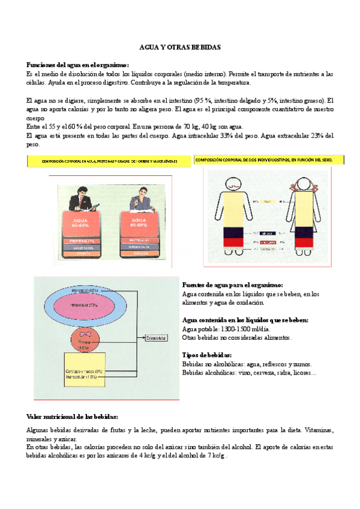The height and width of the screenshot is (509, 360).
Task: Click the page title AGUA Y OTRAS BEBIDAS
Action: tap(180, 46)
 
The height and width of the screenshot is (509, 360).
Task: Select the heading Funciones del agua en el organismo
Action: tap(77, 65)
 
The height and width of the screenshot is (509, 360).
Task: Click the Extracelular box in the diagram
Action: tap(159, 339)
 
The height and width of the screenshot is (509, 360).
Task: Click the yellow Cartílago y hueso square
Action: tap(84, 373)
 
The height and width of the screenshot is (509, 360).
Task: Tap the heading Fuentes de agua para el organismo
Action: tap(232, 285)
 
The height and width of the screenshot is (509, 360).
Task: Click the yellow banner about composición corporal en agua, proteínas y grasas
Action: tap(109, 161)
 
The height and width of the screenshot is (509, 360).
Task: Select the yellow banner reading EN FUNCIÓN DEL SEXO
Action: tap(270, 160)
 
